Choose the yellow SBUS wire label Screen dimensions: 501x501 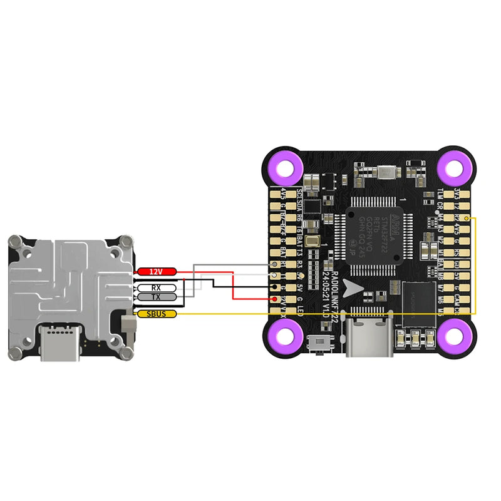[157, 314]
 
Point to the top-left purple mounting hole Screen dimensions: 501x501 [287, 168]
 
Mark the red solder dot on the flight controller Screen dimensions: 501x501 [276, 299]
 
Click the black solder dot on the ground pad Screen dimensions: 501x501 [276, 287]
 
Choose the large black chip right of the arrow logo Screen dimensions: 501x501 [418, 304]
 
